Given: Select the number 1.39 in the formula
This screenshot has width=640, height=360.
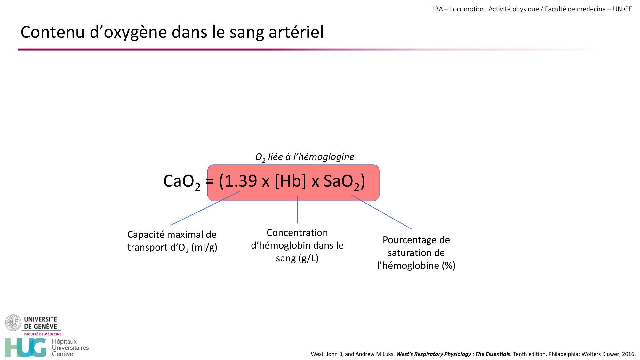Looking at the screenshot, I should [241, 181].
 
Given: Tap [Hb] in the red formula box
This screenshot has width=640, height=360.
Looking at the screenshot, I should [290, 181].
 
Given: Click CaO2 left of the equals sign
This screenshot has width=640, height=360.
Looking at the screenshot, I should [181, 182].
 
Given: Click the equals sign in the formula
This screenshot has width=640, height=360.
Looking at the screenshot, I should [210, 181].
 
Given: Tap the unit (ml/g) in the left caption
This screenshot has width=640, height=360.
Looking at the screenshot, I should [204, 247].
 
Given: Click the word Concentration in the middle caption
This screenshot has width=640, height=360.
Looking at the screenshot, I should [297, 233].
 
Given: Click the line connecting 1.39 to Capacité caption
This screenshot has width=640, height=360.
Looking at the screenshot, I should [205, 208].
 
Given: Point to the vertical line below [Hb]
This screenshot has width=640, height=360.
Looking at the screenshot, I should [297, 210].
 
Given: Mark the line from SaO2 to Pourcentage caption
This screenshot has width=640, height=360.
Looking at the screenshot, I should [381, 212].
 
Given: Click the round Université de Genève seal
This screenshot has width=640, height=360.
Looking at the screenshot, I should [13, 323].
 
